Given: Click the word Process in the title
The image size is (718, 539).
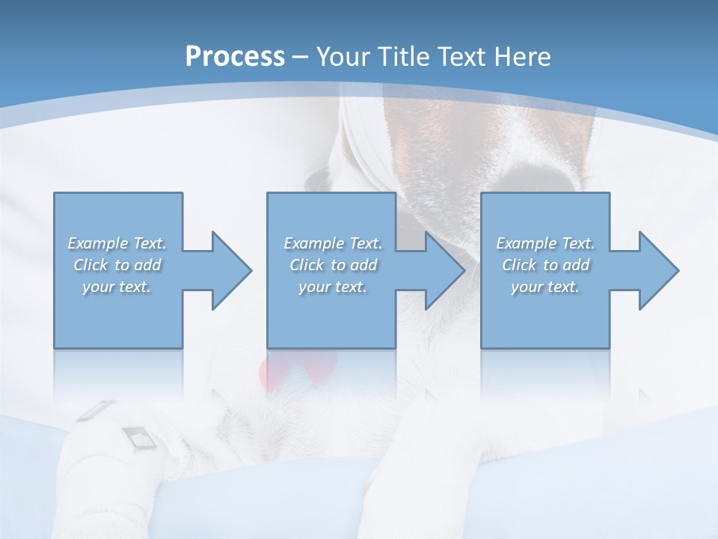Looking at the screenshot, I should [235, 57].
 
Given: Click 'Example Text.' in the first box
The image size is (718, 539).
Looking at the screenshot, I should [117, 243].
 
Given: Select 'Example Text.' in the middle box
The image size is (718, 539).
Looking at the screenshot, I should [333, 243].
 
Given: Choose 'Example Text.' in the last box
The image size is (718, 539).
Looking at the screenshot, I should [545, 243].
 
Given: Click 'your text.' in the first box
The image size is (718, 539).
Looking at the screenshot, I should [117, 287].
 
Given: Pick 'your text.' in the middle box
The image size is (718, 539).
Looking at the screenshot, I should [333, 287].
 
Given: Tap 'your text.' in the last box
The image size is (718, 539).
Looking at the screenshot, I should [545, 287].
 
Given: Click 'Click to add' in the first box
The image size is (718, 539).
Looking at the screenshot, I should [117, 265].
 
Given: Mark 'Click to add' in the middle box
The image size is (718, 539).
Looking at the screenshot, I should [333, 265].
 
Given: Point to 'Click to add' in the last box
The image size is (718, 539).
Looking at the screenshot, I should [545, 265].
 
